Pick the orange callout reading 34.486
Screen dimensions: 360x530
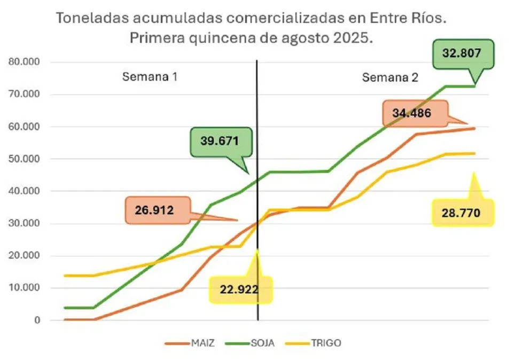pyautogui.click(x=413, y=113)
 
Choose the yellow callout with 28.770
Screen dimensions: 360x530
pyautogui.click(x=461, y=213)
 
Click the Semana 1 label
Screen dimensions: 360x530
pyautogui.click(x=150, y=76)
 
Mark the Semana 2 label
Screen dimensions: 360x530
pyautogui.click(x=390, y=77)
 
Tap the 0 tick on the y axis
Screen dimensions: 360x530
pyautogui.click(x=37, y=320)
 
